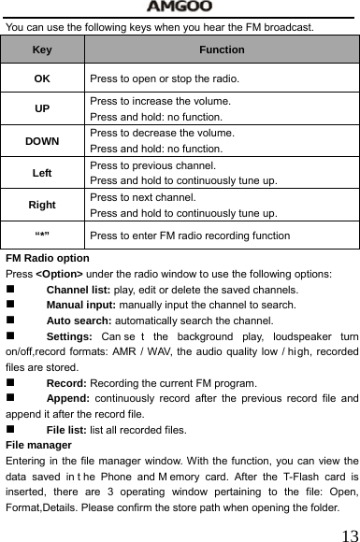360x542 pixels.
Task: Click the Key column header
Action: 42,50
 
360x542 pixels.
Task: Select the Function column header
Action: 222,50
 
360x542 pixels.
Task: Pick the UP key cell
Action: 42,108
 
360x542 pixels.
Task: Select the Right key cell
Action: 42,204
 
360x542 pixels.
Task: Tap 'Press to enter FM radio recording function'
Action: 190,235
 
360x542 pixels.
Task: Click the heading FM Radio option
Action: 47,258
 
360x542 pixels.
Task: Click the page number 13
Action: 348,534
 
